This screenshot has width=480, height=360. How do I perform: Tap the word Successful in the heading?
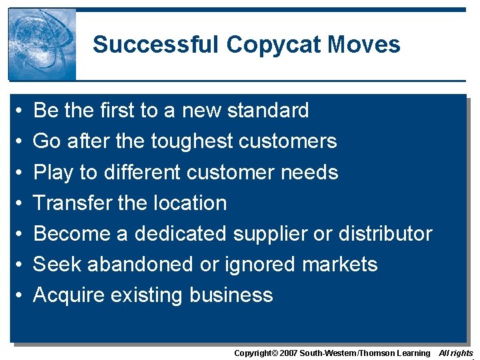pos(156,45)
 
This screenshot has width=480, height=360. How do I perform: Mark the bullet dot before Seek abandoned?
pos(21,265)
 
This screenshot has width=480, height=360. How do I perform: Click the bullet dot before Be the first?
pos(21,111)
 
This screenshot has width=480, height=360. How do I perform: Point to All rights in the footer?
pos(456,353)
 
